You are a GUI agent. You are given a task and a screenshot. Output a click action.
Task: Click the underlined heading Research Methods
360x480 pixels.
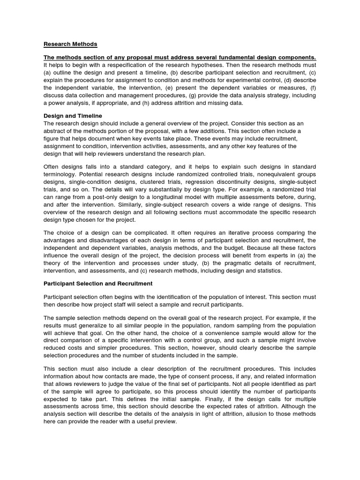(x=70, y=44)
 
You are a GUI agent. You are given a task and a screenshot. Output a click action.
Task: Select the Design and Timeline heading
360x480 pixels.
(x=73, y=115)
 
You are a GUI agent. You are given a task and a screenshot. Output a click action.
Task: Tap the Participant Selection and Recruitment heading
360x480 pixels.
(x=98, y=284)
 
